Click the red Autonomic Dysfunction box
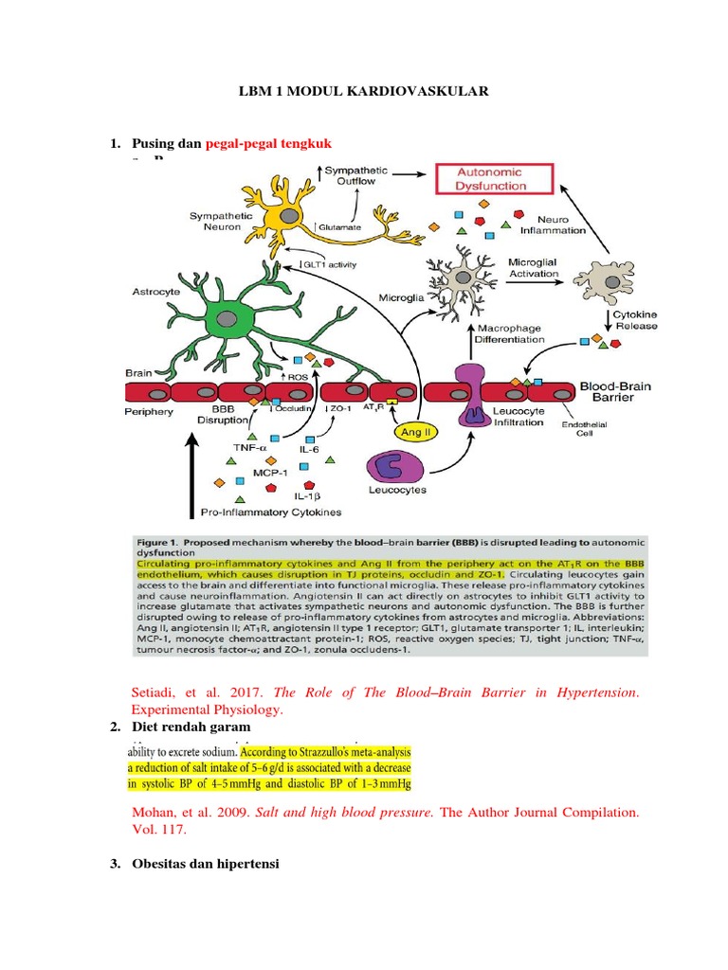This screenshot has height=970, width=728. (492, 179)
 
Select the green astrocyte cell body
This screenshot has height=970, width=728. (228, 319)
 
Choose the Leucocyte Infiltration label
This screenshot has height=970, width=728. (518, 417)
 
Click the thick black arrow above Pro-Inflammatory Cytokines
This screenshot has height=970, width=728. (192, 464)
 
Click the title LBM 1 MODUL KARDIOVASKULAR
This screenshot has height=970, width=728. (363, 91)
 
